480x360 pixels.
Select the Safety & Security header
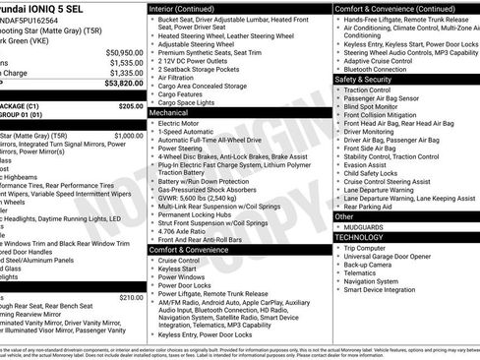tap(368, 79)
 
